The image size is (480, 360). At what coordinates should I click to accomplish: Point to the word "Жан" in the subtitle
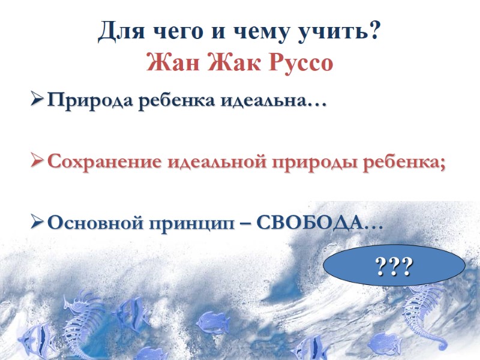click(x=172, y=62)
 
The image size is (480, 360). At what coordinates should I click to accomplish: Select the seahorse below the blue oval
click(x=422, y=315)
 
